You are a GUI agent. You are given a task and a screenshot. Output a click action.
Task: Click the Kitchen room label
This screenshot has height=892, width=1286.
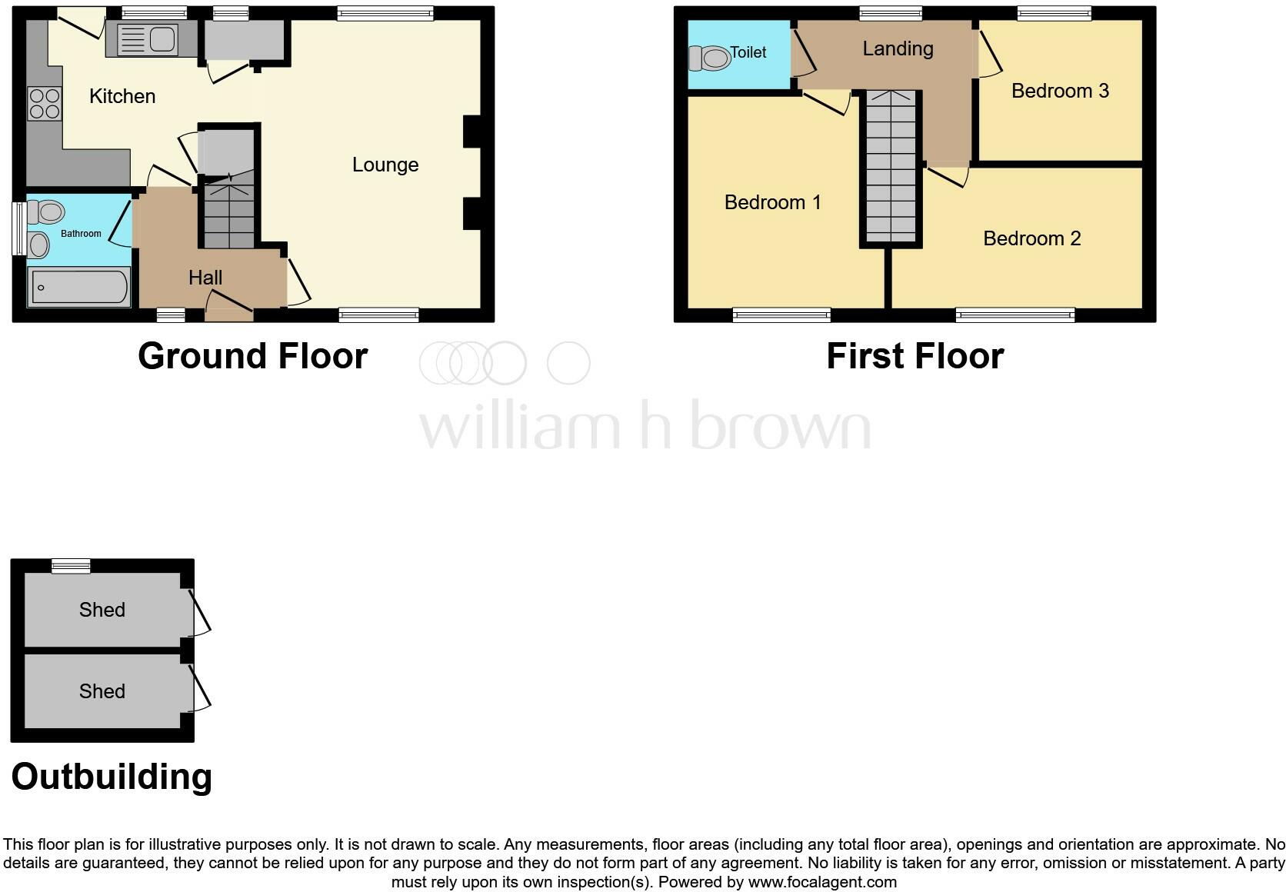click(x=122, y=96)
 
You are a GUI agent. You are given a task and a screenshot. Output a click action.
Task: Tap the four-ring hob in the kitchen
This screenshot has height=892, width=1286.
click(x=44, y=104)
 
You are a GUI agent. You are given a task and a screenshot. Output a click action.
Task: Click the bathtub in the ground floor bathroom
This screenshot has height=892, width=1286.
click(x=78, y=287)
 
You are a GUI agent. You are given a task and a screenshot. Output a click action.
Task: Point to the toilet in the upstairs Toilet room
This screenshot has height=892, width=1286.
click(x=709, y=58)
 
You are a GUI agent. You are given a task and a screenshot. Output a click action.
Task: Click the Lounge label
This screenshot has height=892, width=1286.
click(x=385, y=165)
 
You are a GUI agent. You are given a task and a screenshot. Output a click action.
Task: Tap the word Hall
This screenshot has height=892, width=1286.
click(x=205, y=278)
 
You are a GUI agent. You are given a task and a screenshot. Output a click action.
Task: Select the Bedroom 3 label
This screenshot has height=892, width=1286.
click(x=1059, y=91)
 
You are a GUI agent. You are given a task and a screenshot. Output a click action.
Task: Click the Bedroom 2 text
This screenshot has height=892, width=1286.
click(x=1031, y=238)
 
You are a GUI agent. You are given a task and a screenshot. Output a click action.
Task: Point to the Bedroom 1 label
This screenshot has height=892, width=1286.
click(x=772, y=202)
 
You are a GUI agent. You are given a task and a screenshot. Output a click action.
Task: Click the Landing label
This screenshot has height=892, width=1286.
click(x=898, y=48)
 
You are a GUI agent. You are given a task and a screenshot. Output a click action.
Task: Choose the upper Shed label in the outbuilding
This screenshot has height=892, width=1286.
click(x=102, y=610)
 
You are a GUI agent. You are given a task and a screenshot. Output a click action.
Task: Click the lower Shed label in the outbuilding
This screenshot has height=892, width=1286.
click(x=102, y=691)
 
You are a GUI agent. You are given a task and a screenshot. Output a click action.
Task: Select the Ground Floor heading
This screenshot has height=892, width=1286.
click(x=252, y=356)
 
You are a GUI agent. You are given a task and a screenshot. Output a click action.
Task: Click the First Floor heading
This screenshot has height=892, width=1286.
click(x=915, y=356)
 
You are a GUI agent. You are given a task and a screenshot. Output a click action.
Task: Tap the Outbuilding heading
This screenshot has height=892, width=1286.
click(x=112, y=777)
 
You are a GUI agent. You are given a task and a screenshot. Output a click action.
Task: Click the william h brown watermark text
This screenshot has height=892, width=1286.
click(x=645, y=425)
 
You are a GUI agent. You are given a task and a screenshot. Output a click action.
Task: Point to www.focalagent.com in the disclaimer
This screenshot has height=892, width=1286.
click(x=822, y=882)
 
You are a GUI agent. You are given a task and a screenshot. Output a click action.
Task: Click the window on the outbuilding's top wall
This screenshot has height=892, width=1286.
click(x=71, y=567)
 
